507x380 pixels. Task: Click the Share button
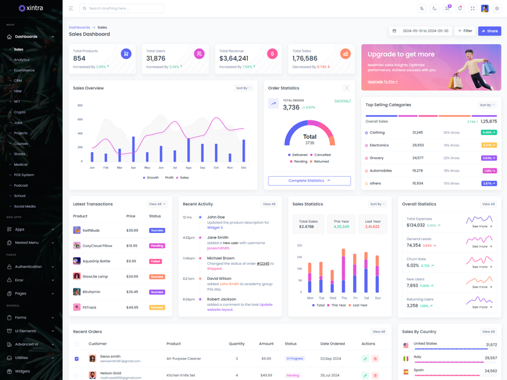click(x=489, y=31)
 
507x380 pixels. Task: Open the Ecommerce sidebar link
click(x=24, y=70)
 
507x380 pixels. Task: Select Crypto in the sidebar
click(x=20, y=112)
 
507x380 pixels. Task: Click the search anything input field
click(x=124, y=9)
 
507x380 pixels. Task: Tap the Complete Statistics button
click(x=309, y=180)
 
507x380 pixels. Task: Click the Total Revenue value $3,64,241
click(x=234, y=59)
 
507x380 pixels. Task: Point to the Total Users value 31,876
click(x=156, y=59)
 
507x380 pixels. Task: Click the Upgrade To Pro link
click(x=382, y=82)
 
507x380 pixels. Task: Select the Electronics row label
click(x=379, y=146)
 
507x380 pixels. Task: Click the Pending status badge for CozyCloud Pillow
click(x=157, y=246)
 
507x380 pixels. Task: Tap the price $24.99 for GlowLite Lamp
click(x=132, y=277)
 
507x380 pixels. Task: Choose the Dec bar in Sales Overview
click(x=244, y=151)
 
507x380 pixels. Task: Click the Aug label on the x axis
click(x=189, y=168)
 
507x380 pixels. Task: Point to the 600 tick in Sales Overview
click(x=80, y=120)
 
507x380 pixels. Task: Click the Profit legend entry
click(x=169, y=178)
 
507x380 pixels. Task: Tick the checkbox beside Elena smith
click(x=77, y=358)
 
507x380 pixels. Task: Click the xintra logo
click(x=31, y=8)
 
